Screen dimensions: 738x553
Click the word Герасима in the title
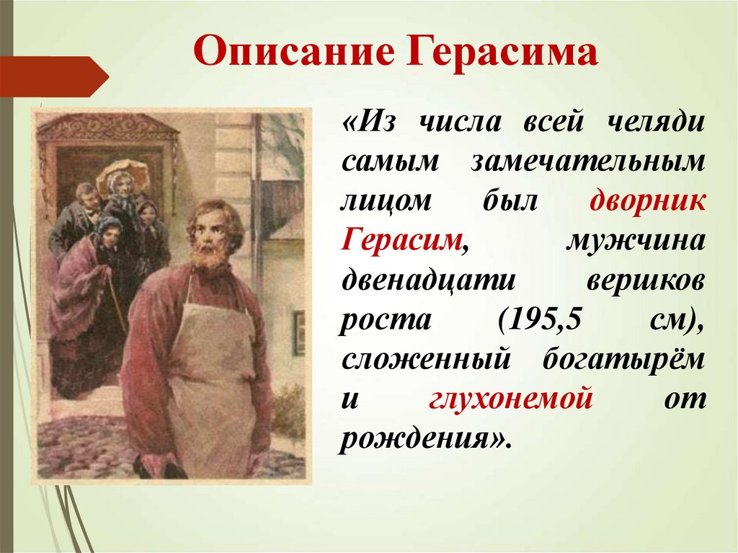point(502,51)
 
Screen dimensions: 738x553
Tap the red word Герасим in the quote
point(401,240)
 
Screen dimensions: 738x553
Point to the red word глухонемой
point(510,399)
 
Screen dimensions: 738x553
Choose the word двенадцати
point(428,280)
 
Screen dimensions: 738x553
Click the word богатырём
point(624,358)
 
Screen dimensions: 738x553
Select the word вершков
point(646,281)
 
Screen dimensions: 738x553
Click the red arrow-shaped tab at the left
point(54,76)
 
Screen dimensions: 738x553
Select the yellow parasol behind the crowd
point(123,175)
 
